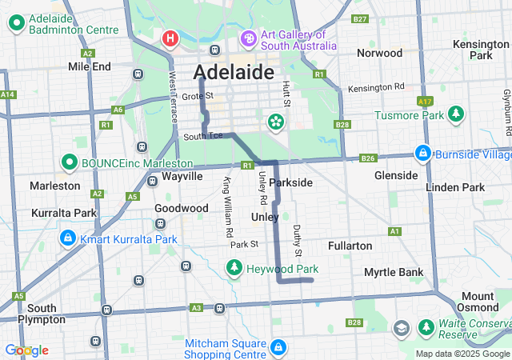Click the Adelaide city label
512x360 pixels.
(233, 72)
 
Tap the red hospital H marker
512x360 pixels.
(170, 38)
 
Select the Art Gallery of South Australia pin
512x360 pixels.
(248, 38)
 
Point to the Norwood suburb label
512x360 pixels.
(379, 53)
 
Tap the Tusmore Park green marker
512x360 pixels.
(456, 114)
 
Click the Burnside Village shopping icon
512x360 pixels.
(422, 153)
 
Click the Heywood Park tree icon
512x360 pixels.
(234, 269)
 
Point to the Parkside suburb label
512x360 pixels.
(290, 182)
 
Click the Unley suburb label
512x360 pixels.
(265, 217)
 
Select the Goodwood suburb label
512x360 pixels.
(182, 208)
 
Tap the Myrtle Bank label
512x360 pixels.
(394, 272)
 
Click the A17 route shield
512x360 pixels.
(425, 102)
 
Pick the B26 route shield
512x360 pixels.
(368, 158)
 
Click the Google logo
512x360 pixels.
(26, 350)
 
